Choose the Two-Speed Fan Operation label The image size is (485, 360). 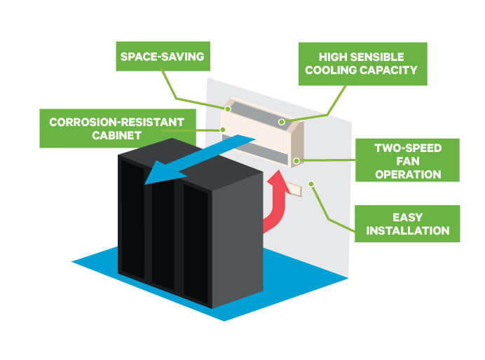click(x=406, y=160)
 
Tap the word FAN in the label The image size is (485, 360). click(x=407, y=160)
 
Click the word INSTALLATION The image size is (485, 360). click(x=407, y=230)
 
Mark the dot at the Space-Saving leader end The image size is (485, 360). click(x=228, y=109)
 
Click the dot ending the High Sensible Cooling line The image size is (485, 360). click(x=281, y=123)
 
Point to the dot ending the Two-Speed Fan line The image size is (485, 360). click(x=297, y=162)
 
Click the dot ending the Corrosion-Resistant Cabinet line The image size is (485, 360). click(x=222, y=130)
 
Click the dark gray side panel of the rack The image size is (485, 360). click(x=238, y=238)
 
